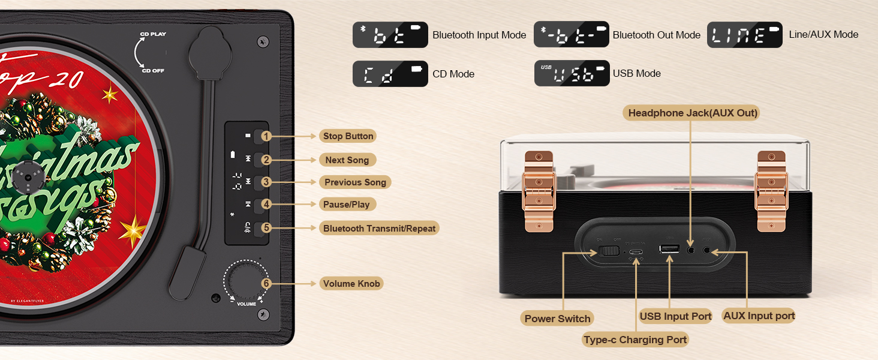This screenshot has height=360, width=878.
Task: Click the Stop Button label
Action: click(x=348, y=136)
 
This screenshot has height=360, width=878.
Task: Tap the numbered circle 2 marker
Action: click(x=267, y=160)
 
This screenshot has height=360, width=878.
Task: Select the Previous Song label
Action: click(x=355, y=182)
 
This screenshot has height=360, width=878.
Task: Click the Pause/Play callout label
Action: click(x=347, y=205)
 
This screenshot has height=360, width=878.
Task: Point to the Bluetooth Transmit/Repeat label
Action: click(x=379, y=229)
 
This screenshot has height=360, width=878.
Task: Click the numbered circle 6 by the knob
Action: click(x=267, y=284)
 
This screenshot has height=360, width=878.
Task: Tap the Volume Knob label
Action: click(x=351, y=284)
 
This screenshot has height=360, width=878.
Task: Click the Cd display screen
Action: click(x=390, y=74)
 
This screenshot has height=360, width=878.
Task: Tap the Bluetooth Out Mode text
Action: click(x=657, y=35)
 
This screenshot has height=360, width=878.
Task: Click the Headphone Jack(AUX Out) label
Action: click(x=693, y=113)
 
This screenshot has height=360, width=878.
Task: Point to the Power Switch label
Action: click(x=558, y=319)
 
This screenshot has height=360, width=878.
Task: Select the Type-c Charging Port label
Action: click(x=635, y=340)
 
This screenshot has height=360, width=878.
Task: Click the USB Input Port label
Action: click(x=675, y=316)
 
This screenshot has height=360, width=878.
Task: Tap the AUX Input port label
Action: click(x=759, y=316)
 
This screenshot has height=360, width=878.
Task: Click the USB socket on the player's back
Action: click(x=669, y=248)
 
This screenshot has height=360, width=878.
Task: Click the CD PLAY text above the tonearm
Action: click(x=154, y=34)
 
